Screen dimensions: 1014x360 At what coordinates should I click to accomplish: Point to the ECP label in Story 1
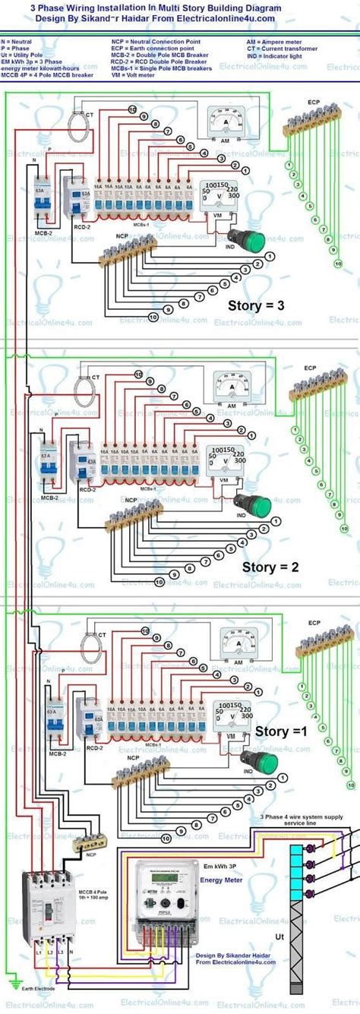click(314, 623)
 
